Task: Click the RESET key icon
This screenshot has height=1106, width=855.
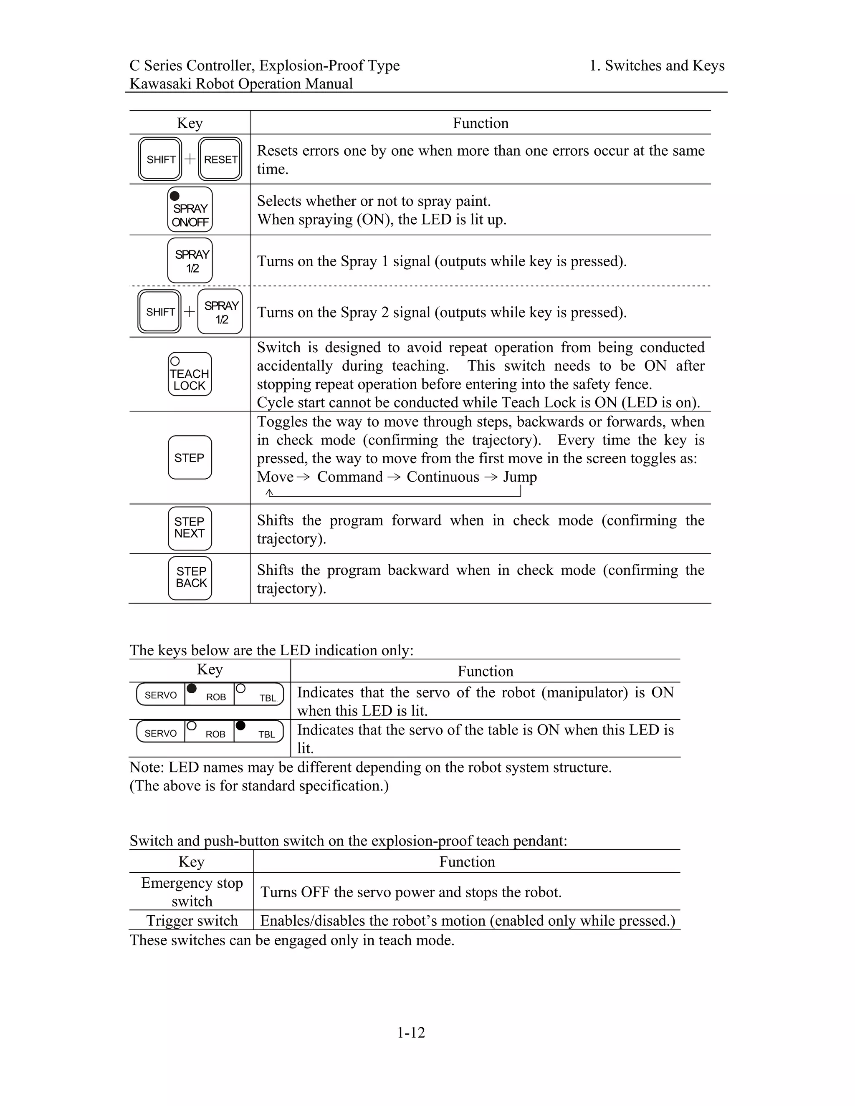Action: pyautogui.click(x=220, y=159)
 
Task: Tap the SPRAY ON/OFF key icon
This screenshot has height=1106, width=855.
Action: pyautogui.click(x=190, y=210)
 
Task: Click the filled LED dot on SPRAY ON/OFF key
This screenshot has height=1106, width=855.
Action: pyautogui.click(x=175, y=196)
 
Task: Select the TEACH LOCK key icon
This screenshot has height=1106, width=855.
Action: pyautogui.click(x=190, y=374)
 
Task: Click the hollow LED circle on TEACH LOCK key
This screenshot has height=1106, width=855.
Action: pyautogui.click(x=175, y=361)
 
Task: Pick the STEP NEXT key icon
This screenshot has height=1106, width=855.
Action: pyautogui.click(x=190, y=528)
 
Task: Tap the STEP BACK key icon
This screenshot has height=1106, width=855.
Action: pyautogui.click(x=190, y=578)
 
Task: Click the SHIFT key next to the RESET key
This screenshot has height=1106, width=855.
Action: pyautogui.click(x=160, y=159)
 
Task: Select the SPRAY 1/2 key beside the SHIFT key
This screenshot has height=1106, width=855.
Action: pyautogui.click(x=220, y=312)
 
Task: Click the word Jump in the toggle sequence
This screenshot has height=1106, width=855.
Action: pyautogui.click(x=520, y=477)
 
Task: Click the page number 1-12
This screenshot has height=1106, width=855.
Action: pyautogui.click(x=411, y=1032)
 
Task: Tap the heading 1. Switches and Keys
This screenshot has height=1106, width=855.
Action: pyautogui.click(x=657, y=66)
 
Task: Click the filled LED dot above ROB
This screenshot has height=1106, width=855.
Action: pyautogui.click(x=192, y=688)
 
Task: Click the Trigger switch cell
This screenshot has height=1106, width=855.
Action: pyautogui.click(x=192, y=920)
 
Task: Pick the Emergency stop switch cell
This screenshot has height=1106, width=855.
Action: pyautogui.click(x=192, y=892)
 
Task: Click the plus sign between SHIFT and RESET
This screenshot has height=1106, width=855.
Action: pyautogui.click(x=190, y=159)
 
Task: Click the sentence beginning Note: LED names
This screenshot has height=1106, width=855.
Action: pyautogui.click(x=370, y=767)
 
